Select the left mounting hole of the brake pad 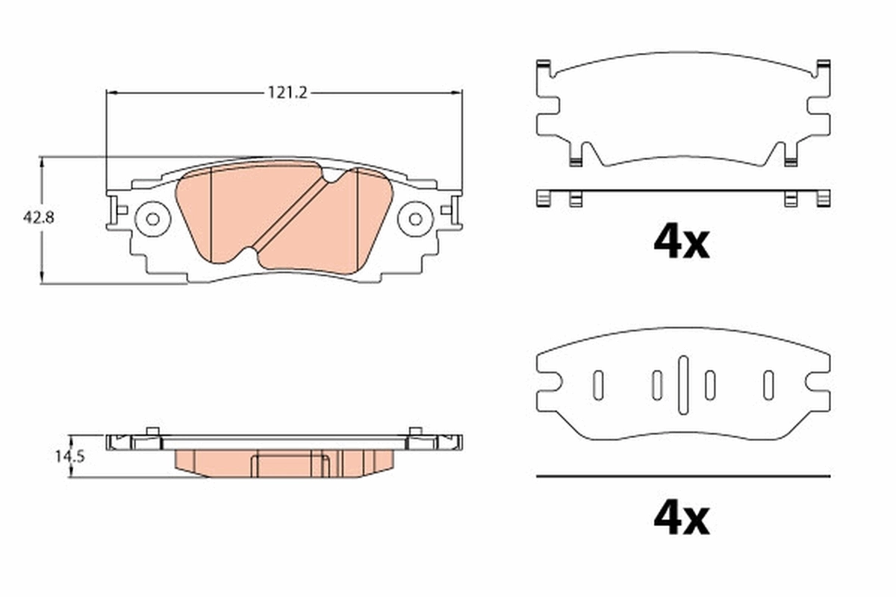152,219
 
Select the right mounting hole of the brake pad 415,219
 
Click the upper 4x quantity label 681,241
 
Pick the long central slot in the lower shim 682,384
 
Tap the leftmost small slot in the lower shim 598,384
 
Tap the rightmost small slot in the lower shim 767,384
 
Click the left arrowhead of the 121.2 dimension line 112,93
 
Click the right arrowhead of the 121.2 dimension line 457,93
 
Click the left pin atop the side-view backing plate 152,431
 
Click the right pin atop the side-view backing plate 415,431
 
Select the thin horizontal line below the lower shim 682,475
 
